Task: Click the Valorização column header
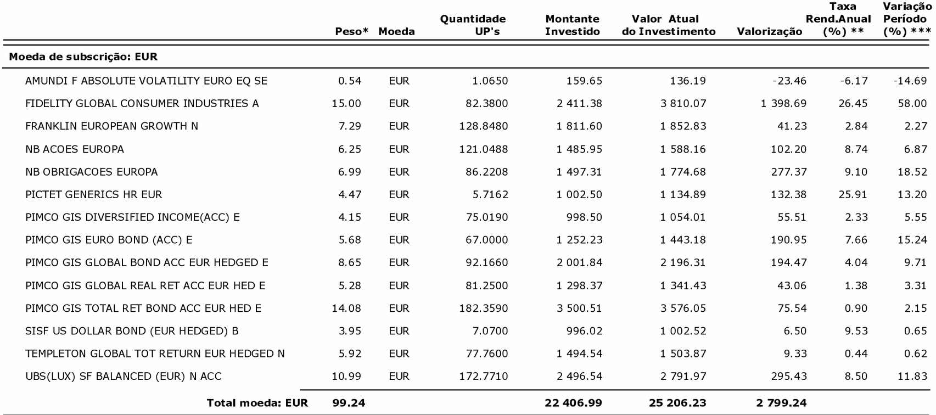pyautogui.click(x=769, y=32)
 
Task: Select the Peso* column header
pyautogui.click(x=351, y=32)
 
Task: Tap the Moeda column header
pyautogui.click(x=396, y=32)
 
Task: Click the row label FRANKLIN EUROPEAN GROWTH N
pyautogui.click(x=111, y=126)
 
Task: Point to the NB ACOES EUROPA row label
pyautogui.click(x=75, y=149)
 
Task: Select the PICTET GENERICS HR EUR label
pyautogui.click(x=94, y=195)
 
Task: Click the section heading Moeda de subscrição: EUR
pyautogui.click(x=83, y=57)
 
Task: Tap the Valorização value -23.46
pyautogui.click(x=789, y=81)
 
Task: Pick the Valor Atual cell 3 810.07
pyautogui.click(x=683, y=104)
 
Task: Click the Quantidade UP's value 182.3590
pyautogui.click(x=484, y=309)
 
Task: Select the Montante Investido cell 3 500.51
pyautogui.click(x=579, y=309)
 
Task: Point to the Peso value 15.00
pyautogui.click(x=346, y=104)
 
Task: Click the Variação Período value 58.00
pyautogui.click(x=912, y=104)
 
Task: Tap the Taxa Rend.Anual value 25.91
pyautogui.click(x=853, y=195)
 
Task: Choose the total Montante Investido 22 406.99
pyautogui.click(x=573, y=403)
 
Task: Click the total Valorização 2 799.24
pyautogui.click(x=781, y=403)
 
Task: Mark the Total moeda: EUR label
pyautogui.click(x=257, y=403)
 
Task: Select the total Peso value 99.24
pyautogui.click(x=349, y=403)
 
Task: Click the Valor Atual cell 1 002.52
pyautogui.click(x=683, y=331)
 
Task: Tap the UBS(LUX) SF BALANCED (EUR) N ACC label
pyautogui.click(x=124, y=377)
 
